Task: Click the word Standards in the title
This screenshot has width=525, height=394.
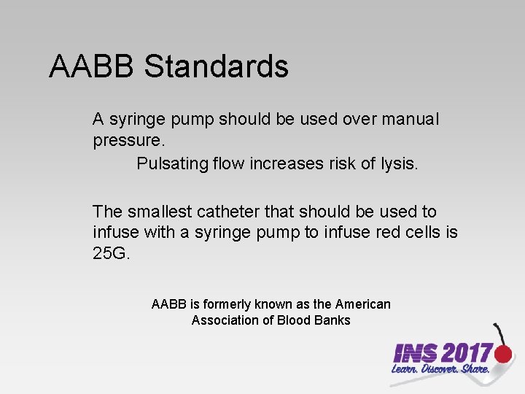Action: (x=217, y=66)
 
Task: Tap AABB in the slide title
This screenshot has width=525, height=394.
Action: (x=93, y=66)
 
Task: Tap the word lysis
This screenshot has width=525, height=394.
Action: (x=399, y=163)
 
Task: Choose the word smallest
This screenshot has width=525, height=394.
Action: (x=160, y=212)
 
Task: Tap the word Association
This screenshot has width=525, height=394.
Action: (x=223, y=320)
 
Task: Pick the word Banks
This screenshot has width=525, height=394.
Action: (x=332, y=320)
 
